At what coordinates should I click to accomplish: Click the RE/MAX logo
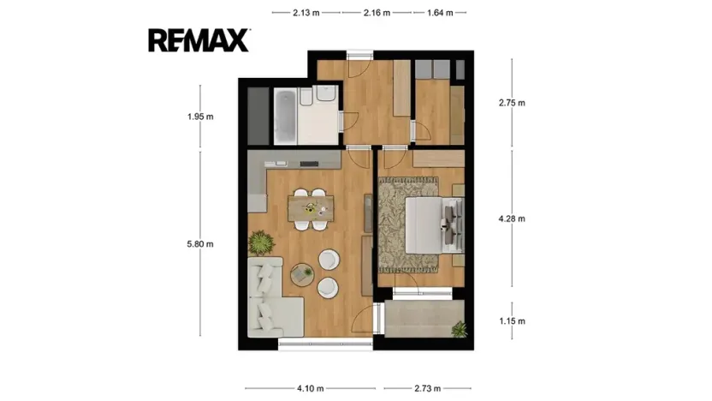click(x=199, y=40)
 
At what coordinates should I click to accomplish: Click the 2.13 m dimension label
click(x=306, y=13)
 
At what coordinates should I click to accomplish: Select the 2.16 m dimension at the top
click(x=377, y=13)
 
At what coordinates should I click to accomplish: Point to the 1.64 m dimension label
click(x=440, y=13)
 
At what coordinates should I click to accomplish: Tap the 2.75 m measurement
click(x=512, y=103)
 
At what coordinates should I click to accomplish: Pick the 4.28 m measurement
click(x=512, y=218)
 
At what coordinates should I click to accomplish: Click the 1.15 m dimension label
click(x=512, y=321)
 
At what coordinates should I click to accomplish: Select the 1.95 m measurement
click(x=199, y=117)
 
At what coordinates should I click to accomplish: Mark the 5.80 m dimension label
click(x=199, y=244)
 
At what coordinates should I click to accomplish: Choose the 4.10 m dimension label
click(x=310, y=388)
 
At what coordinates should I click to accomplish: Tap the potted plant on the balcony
click(x=460, y=329)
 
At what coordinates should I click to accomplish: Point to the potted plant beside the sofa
click(x=259, y=244)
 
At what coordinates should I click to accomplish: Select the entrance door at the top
click(x=359, y=58)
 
